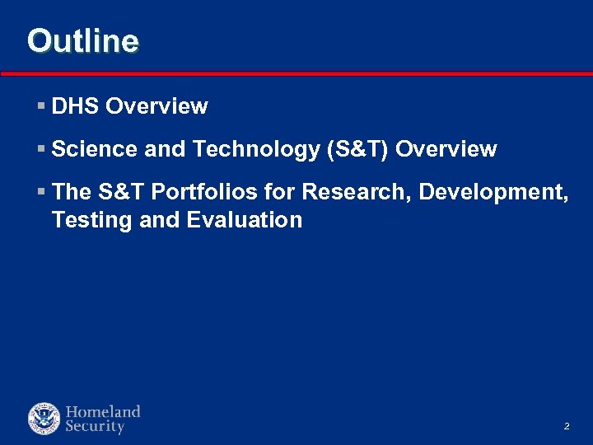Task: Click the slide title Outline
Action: (82, 40)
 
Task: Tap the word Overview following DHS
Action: (156, 106)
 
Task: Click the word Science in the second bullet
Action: (94, 149)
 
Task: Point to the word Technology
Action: (257, 149)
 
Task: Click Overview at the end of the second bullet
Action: (446, 149)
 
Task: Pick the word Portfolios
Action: (203, 192)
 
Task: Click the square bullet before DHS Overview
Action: (41, 107)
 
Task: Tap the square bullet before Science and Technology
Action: (41, 150)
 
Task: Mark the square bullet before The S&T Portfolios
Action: (41, 193)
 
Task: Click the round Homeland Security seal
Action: (44, 419)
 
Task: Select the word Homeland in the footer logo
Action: (103, 411)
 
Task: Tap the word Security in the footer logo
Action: (95, 427)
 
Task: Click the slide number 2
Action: (567, 427)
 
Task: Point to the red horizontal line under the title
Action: (296, 74)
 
